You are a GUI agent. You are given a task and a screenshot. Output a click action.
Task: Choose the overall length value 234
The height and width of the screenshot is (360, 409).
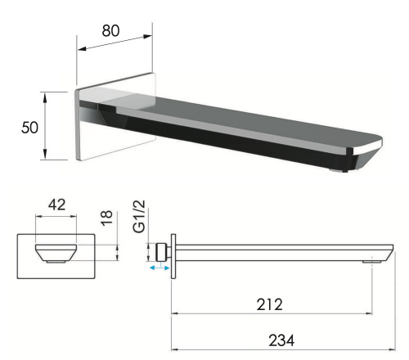coord(284,337)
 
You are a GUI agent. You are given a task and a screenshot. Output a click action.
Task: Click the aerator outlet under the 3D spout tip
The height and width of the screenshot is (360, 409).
coord(335,169)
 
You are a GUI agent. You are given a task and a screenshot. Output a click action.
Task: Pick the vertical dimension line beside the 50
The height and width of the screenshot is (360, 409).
coord(47,127)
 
